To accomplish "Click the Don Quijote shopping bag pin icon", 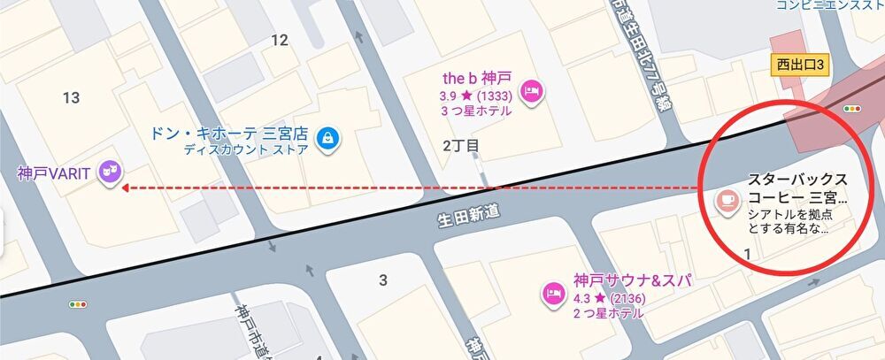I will (x=328, y=138).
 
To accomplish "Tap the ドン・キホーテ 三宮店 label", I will (x=229, y=134).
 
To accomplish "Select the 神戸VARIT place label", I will (x=54, y=173).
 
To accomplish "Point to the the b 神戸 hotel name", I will (x=477, y=78).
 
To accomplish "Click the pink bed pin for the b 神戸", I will (x=531, y=90).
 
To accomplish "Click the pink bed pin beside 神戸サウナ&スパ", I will (x=554, y=294).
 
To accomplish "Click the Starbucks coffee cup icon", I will (x=728, y=201).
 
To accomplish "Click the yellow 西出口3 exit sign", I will (x=800, y=65).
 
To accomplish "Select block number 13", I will (x=72, y=97).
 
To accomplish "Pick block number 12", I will (x=280, y=40).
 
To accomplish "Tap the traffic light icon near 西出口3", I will (x=853, y=109).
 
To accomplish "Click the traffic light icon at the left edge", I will (x=79, y=303).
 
